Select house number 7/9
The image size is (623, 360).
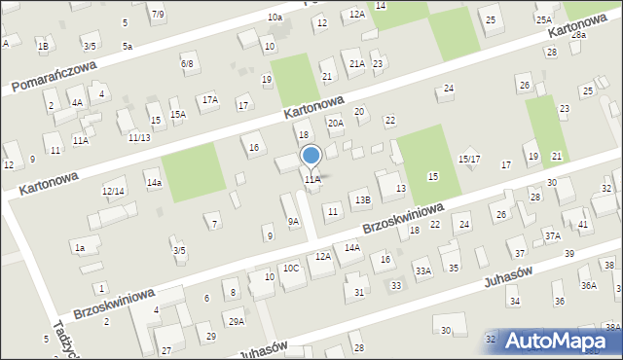click(x=158, y=14)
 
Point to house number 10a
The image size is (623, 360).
click(x=275, y=17)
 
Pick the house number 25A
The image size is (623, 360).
click(x=543, y=19)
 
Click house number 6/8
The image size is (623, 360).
click(x=187, y=63)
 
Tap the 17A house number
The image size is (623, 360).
click(x=209, y=99)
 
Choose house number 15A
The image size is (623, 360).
click(x=178, y=114)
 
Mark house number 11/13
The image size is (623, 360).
click(x=138, y=138)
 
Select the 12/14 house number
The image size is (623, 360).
click(x=113, y=191)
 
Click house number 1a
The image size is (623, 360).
click(x=81, y=248)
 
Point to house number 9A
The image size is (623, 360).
click(x=293, y=221)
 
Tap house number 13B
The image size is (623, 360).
click(x=362, y=199)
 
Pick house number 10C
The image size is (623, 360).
click(x=291, y=268)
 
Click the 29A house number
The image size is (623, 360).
click(x=236, y=321)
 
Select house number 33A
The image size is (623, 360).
click(x=422, y=270)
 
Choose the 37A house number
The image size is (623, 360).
click(x=553, y=235)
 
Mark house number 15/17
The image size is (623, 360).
click(x=469, y=159)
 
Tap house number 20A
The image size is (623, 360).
click(x=335, y=124)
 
